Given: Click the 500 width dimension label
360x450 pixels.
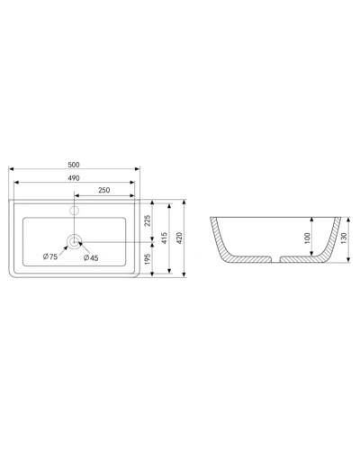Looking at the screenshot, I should (x=74, y=163).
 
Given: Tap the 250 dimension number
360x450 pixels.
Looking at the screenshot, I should (x=104, y=190).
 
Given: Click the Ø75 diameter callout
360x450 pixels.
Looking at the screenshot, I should (x=50, y=258).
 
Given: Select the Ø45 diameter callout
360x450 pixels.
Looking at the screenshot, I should (x=91, y=258).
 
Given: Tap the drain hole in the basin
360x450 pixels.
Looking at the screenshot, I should (x=74, y=242).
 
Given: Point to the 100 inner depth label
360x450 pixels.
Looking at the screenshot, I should (x=308, y=238).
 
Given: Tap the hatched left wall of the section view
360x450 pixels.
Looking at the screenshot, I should (x=220, y=243).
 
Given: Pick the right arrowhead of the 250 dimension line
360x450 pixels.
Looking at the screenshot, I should (x=138, y=195).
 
